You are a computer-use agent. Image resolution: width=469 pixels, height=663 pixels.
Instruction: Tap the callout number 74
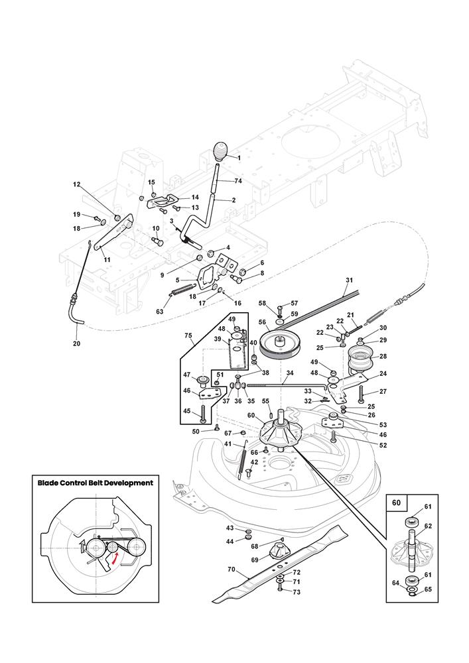(238, 181)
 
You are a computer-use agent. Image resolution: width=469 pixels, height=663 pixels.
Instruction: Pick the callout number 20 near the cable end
(76, 344)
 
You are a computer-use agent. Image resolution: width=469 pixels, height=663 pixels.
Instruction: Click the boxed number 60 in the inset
(397, 503)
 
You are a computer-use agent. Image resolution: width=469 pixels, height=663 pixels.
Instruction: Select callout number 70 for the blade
(231, 569)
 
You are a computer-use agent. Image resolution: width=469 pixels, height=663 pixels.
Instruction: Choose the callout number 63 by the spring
(160, 311)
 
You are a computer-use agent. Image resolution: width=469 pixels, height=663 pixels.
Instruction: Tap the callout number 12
(76, 184)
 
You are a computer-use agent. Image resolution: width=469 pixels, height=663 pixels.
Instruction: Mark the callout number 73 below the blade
(297, 592)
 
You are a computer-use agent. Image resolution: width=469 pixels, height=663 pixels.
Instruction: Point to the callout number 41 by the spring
(228, 444)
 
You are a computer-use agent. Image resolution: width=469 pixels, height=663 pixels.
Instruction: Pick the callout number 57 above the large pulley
(295, 302)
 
